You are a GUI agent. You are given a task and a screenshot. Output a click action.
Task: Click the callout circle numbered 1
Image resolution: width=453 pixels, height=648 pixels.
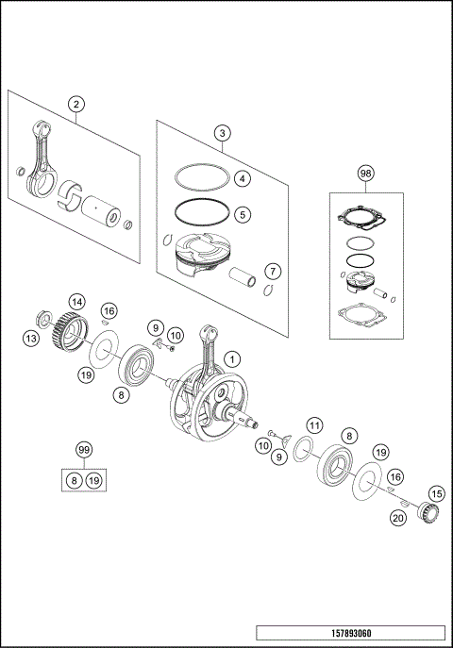(233, 358)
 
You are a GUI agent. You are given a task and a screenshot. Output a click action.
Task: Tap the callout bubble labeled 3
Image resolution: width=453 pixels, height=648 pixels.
(221, 133)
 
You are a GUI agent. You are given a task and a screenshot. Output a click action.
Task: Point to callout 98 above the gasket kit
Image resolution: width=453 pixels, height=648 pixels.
(365, 174)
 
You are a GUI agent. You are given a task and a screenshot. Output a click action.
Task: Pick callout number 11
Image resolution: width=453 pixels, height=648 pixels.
(314, 424)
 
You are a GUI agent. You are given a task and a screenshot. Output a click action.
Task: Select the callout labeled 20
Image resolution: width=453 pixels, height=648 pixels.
(397, 517)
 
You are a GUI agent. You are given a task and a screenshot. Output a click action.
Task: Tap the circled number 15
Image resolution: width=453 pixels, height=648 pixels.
(435, 493)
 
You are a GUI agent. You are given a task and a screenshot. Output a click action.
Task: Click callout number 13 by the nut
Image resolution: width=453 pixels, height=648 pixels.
(31, 337)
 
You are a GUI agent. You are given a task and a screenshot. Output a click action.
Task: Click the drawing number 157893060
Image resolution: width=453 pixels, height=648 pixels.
(350, 632)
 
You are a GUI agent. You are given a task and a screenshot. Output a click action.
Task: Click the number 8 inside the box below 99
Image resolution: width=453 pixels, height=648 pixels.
(74, 481)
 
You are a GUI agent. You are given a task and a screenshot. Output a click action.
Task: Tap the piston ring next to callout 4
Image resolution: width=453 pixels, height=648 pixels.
(199, 175)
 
